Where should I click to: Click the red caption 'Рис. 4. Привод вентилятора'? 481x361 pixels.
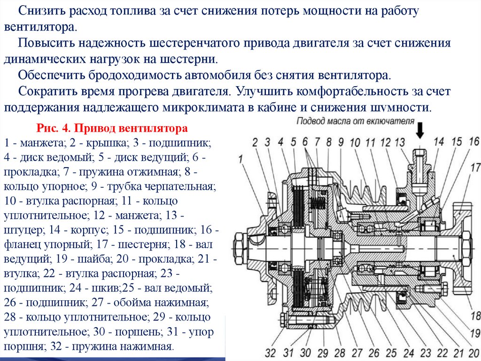[x=112, y=128]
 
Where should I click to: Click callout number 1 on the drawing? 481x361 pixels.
[x=240, y=160]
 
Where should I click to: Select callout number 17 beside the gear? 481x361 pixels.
[x=475, y=167]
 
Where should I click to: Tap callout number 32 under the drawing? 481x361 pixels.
[x=271, y=352]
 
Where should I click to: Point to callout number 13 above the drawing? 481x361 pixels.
[x=400, y=142]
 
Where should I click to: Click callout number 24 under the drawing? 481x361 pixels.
[x=408, y=352]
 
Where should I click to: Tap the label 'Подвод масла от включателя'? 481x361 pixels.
[x=355, y=121]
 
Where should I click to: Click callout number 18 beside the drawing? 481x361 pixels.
[x=475, y=315]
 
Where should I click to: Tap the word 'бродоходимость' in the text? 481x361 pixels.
[x=135, y=75]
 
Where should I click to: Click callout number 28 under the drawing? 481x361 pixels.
[x=339, y=352]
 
